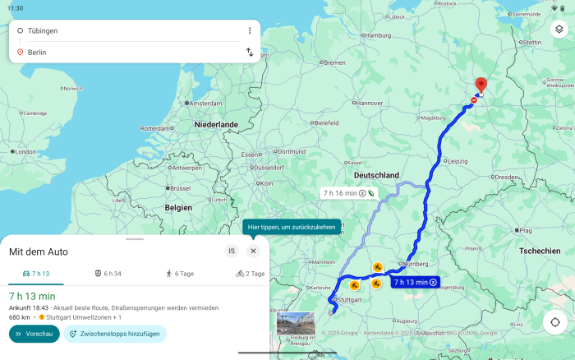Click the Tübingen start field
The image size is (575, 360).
[123, 30]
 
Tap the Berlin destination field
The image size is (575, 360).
[123, 52]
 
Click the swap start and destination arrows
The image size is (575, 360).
[250, 52]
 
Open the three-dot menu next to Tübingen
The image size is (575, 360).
[250, 30]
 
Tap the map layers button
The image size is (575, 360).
[559, 29]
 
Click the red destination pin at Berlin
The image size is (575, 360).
[481, 86]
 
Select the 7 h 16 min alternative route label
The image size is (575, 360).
[349, 193]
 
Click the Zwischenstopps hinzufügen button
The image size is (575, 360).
[115, 334]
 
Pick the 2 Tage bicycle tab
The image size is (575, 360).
[251, 273]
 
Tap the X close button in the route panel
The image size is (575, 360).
[253, 251]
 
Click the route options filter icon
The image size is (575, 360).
[232, 251]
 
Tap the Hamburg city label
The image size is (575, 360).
[378, 35]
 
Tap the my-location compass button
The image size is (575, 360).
[555, 321]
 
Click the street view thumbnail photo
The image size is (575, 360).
[296, 324]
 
